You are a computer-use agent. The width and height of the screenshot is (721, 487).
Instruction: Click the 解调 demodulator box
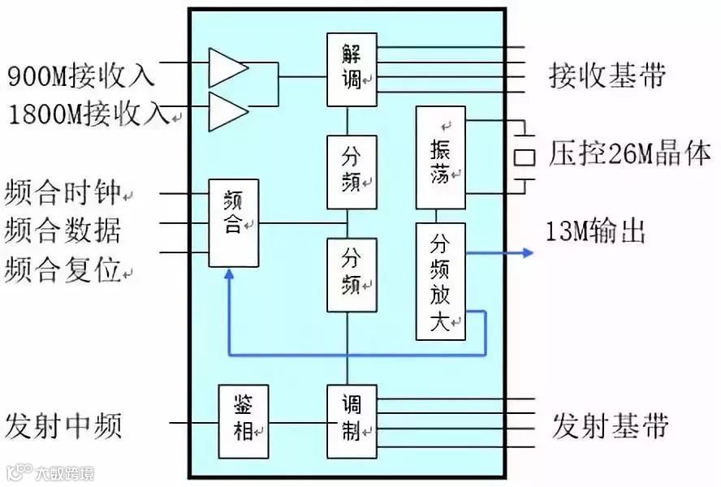(x=352, y=69)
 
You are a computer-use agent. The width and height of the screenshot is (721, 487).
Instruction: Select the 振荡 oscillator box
(x=440, y=157)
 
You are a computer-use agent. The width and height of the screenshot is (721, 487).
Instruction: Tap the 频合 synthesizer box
(x=233, y=222)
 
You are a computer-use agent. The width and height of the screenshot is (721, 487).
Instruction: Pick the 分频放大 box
(x=440, y=280)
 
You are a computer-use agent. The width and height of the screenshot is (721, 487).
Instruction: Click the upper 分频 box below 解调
(x=352, y=171)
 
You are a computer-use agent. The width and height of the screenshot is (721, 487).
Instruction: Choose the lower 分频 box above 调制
(x=352, y=274)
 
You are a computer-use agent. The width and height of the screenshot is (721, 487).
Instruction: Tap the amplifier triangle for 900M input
(x=226, y=67)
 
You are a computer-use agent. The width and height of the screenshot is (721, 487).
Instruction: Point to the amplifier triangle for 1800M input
(x=226, y=110)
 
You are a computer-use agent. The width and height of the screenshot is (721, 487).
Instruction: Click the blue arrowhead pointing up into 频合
(x=230, y=276)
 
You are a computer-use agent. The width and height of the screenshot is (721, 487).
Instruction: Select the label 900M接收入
(x=80, y=77)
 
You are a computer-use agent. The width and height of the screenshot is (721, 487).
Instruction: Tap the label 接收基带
(x=607, y=75)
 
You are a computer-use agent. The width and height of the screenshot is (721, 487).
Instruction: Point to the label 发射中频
(x=63, y=425)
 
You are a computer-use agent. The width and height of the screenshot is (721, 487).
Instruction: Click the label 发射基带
(x=611, y=425)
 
